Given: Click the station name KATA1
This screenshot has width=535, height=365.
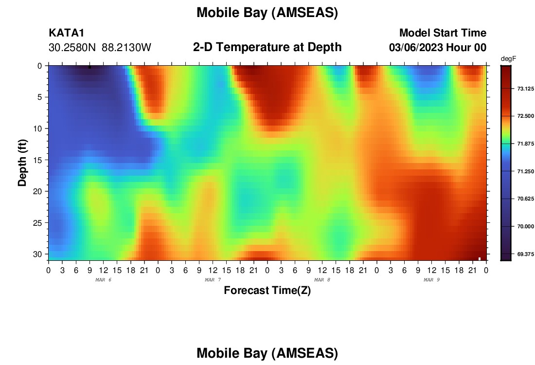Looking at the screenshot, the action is point(66,33).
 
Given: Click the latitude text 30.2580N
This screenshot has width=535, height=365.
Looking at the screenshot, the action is point(72,48).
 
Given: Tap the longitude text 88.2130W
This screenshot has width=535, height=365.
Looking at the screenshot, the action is point(126,48).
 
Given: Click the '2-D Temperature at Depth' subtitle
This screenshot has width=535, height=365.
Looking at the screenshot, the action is point(267,47).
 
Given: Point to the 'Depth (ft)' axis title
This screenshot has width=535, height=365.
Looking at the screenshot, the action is point(22,163).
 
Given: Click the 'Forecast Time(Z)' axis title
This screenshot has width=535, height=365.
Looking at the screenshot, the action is point(267,290).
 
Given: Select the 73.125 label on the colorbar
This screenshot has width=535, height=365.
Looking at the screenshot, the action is point(525,89).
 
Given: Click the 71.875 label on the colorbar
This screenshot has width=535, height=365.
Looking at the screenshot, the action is point(525,144).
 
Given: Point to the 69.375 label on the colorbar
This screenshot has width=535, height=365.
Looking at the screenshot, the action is point(525,254).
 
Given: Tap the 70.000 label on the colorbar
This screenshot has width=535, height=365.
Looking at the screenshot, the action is point(525,226).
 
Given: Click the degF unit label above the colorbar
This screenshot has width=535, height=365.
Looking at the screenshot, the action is point(508,59).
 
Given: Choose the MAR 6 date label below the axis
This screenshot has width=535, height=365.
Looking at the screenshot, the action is point(104,280).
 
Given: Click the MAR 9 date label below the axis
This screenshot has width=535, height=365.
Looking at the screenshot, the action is point(431,280).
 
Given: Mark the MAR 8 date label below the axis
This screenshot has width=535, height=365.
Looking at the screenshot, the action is point(322,280).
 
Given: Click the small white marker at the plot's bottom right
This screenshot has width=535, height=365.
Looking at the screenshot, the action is point(480,259).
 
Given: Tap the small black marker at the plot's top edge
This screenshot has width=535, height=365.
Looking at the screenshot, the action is point(90,67).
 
